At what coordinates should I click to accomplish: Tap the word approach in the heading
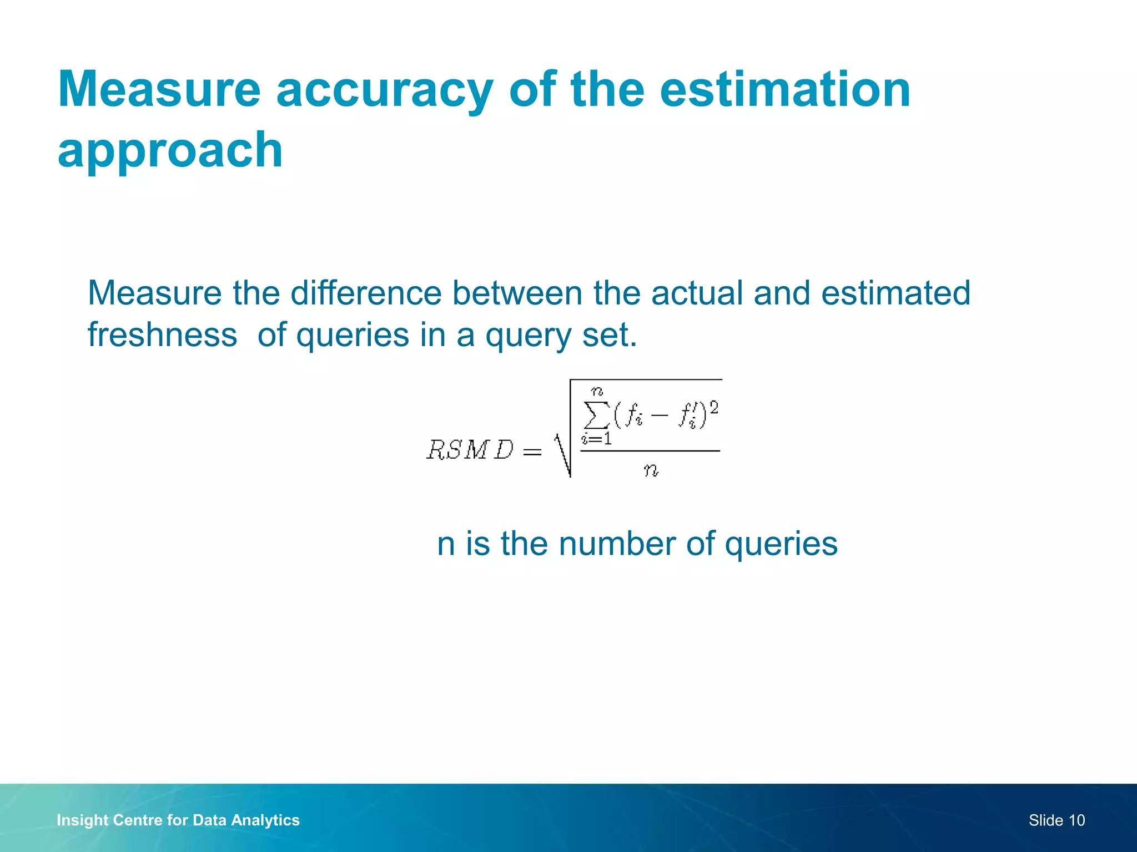tap(170, 150)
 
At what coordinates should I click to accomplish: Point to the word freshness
tap(162, 335)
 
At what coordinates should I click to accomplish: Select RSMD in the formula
tap(470, 450)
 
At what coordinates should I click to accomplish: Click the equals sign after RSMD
tap(532, 452)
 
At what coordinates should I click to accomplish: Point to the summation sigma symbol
tap(596, 415)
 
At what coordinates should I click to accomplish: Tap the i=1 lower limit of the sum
tap(596, 439)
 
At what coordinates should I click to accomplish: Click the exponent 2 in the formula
tap(713, 408)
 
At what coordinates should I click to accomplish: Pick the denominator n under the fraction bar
tap(651, 470)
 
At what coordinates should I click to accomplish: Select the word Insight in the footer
tap(82, 820)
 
